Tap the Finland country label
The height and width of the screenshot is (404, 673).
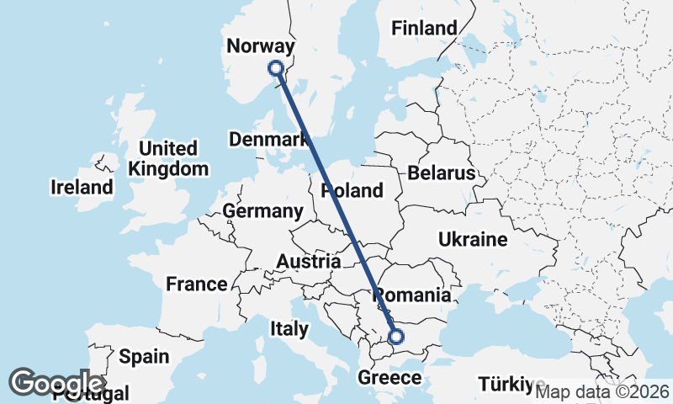[x=425, y=28]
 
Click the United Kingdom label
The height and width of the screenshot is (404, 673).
[x=168, y=158]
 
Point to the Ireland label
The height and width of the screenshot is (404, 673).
[x=82, y=187]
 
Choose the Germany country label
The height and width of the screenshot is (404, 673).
[x=263, y=210]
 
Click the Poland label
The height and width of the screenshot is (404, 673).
[x=352, y=190]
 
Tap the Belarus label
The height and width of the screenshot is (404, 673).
[x=442, y=173]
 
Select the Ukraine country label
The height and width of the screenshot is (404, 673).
[x=473, y=240]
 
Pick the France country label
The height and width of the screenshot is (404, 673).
[x=197, y=284]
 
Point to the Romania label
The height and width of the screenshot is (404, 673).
[x=411, y=295]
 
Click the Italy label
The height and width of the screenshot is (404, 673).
[x=289, y=328]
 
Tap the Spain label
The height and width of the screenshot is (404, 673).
[x=144, y=356]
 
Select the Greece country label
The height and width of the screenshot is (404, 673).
[x=389, y=377]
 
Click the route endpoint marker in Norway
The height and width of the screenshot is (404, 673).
[x=275, y=68]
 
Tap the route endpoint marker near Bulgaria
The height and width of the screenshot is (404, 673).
[x=396, y=338]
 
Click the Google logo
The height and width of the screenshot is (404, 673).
[x=56, y=381]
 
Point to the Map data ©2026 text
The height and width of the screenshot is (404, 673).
[x=602, y=391]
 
